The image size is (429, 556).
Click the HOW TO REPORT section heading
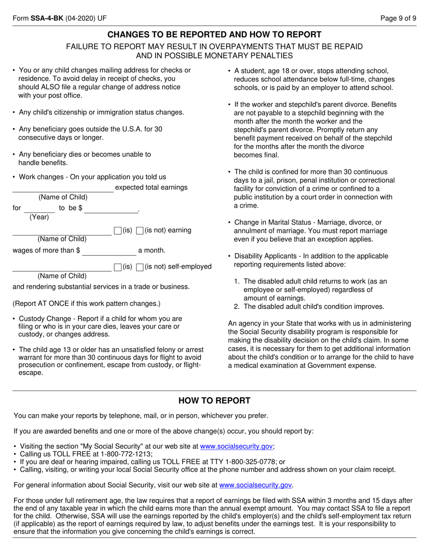tap(214, 401)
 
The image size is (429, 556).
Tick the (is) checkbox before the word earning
tap(118, 231)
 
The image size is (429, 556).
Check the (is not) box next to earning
tap(140, 231)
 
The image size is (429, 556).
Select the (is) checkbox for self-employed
tap(118, 267)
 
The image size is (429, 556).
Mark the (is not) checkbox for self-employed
tap(140, 267)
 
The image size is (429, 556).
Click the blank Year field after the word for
tap(39, 208)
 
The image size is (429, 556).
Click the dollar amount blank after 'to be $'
tap(111, 208)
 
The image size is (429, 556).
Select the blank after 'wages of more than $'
tap(109, 251)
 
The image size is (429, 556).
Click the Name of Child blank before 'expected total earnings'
tap(63, 188)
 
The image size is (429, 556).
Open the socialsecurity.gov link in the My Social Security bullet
tap(236, 446)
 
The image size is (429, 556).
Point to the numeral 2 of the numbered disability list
tap(237, 306)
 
